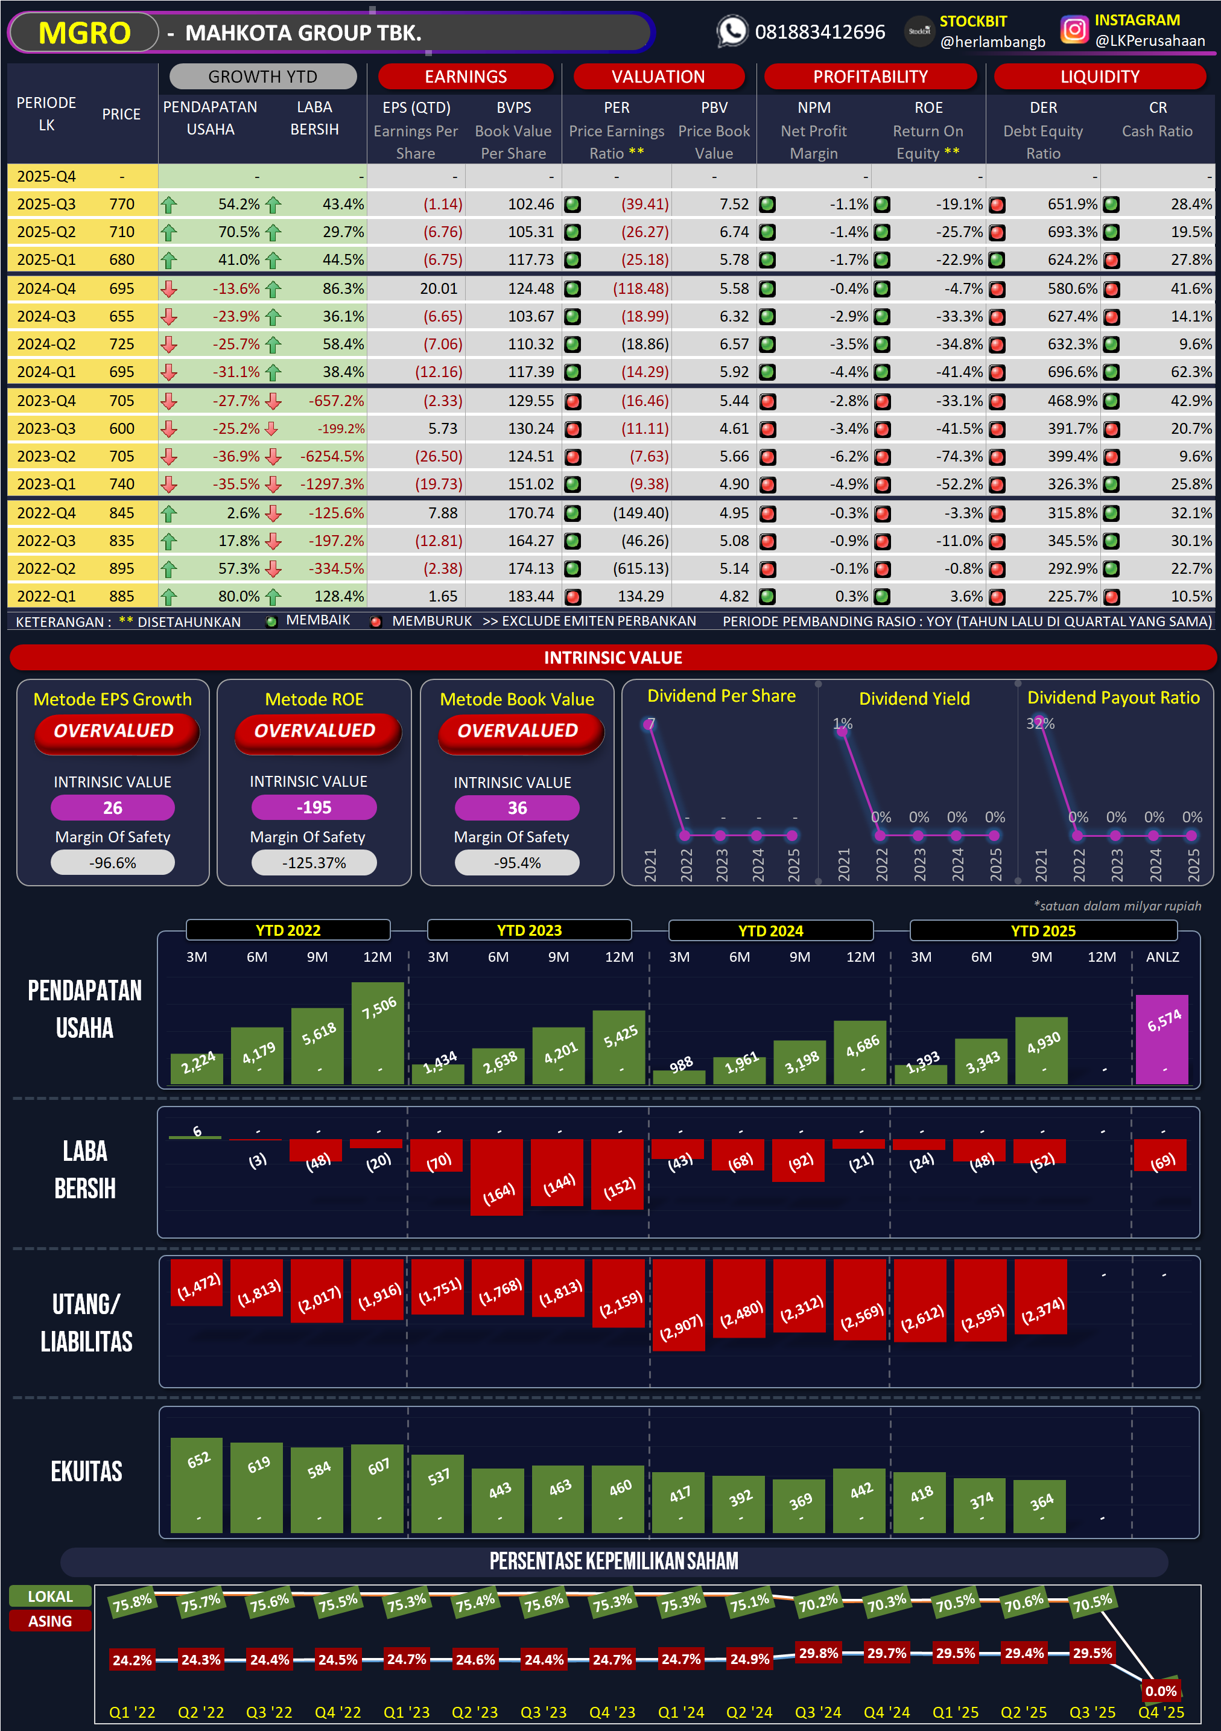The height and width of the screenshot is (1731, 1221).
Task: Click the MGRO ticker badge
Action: tap(84, 33)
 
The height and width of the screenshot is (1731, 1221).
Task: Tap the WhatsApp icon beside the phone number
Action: tap(731, 31)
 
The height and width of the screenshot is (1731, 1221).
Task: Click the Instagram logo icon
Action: tap(1074, 30)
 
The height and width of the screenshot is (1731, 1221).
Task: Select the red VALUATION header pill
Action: tap(658, 77)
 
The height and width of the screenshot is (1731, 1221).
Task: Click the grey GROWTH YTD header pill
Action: tap(262, 77)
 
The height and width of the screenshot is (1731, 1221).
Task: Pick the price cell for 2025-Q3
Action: tap(121, 205)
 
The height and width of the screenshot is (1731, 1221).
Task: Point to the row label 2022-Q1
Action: tap(46, 596)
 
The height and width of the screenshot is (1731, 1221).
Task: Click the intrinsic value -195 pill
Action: tap(314, 807)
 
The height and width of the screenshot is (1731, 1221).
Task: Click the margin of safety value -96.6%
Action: tap(112, 863)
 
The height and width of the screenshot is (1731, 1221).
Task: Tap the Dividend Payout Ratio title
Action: tap(1112, 698)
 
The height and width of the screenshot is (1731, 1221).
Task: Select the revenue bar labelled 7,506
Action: tap(378, 1032)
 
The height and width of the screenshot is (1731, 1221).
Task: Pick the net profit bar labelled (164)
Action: tap(496, 1177)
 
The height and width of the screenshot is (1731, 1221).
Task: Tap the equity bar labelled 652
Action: tap(197, 1485)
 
